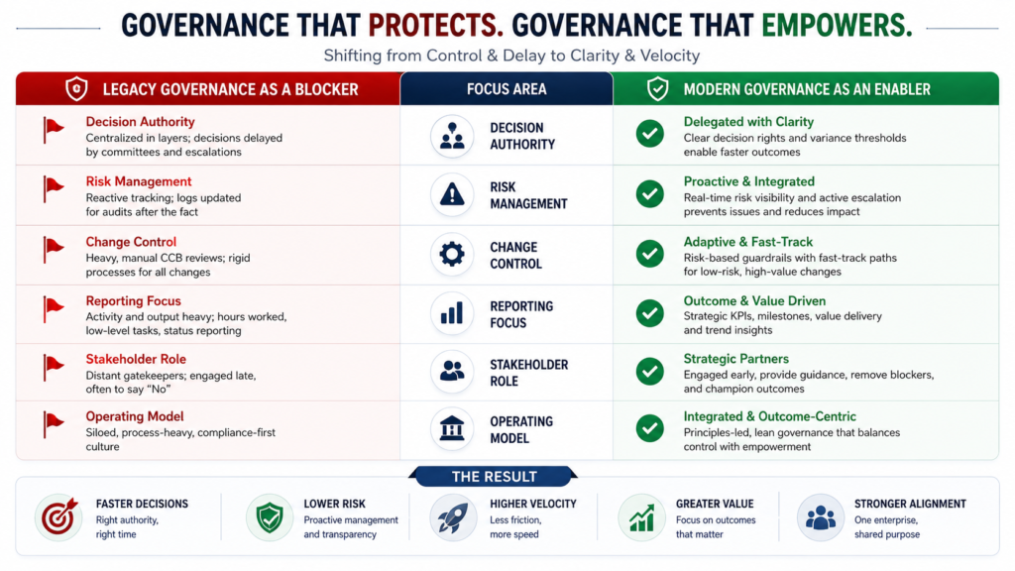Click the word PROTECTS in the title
pyautogui.click(x=436, y=26)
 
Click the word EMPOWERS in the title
pyautogui.click(x=837, y=26)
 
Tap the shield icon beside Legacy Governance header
pyautogui.click(x=76, y=88)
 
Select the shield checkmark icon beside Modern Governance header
pyautogui.click(x=658, y=88)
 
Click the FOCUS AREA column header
pyautogui.click(x=507, y=89)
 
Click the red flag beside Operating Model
pyautogui.click(x=54, y=424)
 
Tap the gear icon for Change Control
pyautogui.click(x=452, y=254)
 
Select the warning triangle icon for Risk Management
pyautogui.click(x=452, y=194)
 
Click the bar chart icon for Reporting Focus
pyautogui.click(x=452, y=313)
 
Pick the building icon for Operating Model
pyautogui.click(x=452, y=428)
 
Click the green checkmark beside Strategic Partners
pyautogui.click(x=650, y=372)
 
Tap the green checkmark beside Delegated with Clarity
pyautogui.click(x=650, y=134)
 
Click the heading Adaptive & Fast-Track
pyautogui.click(x=747, y=242)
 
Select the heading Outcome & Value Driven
pyautogui.click(x=754, y=301)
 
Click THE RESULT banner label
pyautogui.click(x=494, y=477)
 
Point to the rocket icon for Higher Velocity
pyautogui.click(x=452, y=518)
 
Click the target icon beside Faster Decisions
pyautogui.click(x=58, y=517)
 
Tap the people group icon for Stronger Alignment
pyautogui.click(x=820, y=517)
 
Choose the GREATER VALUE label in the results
pyautogui.click(x=715, y=504)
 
